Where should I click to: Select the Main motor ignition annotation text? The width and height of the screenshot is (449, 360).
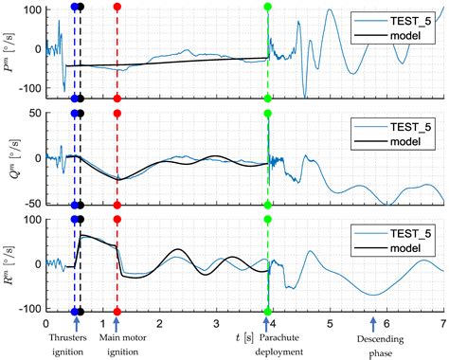[116, 343]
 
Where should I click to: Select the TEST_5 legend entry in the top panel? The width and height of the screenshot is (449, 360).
[405, 19]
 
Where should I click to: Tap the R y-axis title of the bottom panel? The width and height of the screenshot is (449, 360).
[10, 262]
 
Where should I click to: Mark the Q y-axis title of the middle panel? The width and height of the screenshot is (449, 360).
[10, 157]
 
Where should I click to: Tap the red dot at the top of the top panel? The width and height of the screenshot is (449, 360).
[117, 7]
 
